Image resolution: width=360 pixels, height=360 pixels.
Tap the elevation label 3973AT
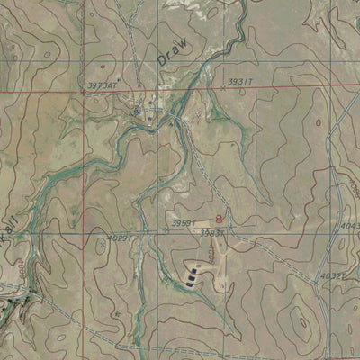pyautogui.click(x=102, y=85)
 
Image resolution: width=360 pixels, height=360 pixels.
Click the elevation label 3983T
pyautogui.click(x=212, y=232)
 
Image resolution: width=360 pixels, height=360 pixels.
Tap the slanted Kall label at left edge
pyautogui.click(x=8, y=240)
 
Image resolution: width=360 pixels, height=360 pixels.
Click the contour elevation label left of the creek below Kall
pyautogui.click(x=20, y=266)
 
